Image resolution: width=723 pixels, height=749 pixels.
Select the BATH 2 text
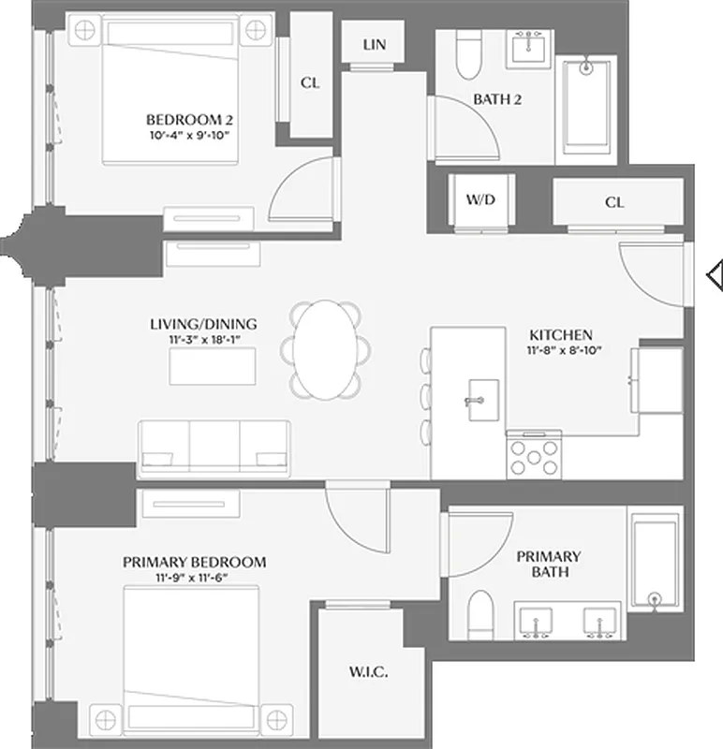pyautogui.click(x=496, y=99)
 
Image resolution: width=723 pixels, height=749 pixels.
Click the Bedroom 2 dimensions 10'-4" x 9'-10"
pyautogui.click(x=188, y=136)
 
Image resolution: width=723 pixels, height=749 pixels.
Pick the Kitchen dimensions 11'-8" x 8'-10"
pyautogui.click(x=561, y=351)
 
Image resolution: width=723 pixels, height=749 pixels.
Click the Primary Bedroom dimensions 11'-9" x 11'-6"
pyautogui.click(x=194, y=579)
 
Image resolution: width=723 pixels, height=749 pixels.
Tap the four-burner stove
pyautogui.click(x=534, y=458)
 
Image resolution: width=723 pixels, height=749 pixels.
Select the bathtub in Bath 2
pyautogui.click(x=586, y=110)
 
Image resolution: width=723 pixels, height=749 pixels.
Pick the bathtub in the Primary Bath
pyautogui.click(x=655, y=562)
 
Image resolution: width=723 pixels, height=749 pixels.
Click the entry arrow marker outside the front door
pyautogui.click(x=715, y=274)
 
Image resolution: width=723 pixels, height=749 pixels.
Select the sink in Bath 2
pyautogui.click(x=529, y=46)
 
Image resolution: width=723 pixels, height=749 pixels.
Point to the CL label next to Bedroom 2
pyautogui.click(x=310, y=82)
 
